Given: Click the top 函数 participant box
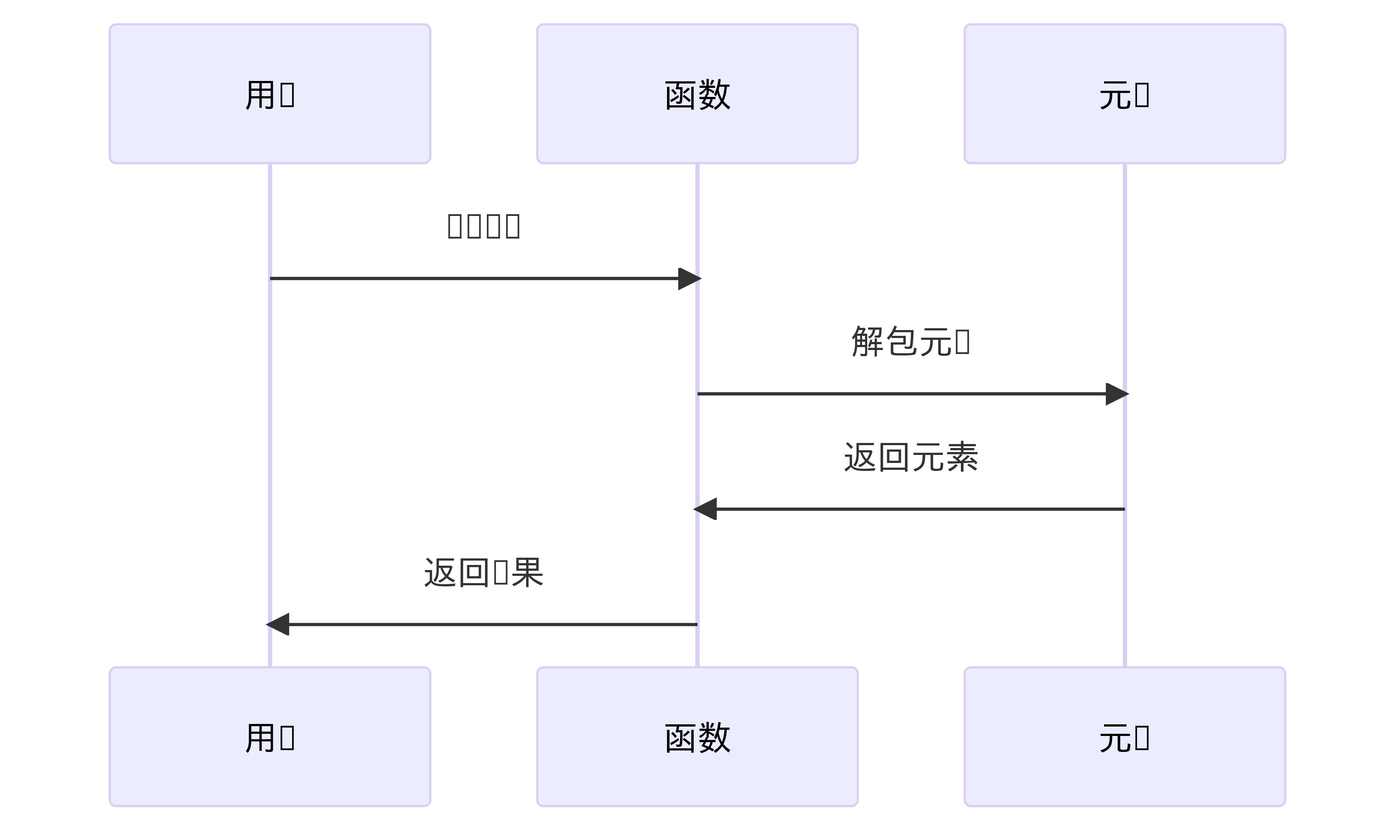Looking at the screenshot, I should [697, 93].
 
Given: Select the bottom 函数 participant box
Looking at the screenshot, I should [697, 737].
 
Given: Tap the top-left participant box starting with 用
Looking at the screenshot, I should [270, 93].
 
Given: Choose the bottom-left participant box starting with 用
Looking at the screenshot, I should [270, 737].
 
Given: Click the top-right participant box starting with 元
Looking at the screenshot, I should [1125, 93].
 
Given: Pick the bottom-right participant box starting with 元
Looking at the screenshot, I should [1125, 737].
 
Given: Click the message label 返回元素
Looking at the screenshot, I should [910, 457].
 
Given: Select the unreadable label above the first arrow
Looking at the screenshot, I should [484, 226].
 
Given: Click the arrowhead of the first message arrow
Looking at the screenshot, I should [690, 278].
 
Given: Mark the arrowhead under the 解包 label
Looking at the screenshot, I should [1117, 394].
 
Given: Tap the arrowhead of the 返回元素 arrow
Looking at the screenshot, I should [705, 509].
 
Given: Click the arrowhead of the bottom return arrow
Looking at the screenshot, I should [278, 624].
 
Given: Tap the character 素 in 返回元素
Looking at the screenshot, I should [961, 457].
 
